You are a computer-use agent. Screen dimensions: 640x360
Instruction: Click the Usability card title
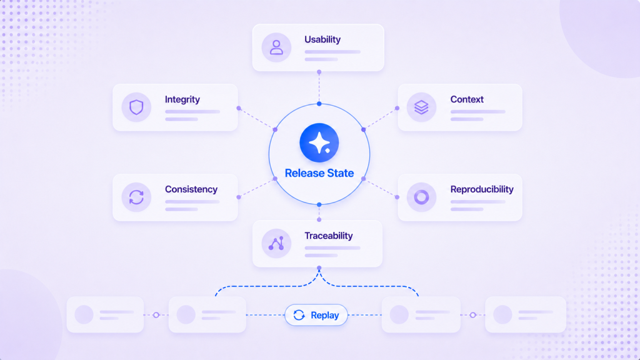click(322, 39)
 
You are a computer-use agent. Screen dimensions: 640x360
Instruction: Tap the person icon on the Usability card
click(276, 47)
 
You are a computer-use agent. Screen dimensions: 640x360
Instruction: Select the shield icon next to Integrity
click(136, 107)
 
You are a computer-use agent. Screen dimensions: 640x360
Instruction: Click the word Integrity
click(182, 99)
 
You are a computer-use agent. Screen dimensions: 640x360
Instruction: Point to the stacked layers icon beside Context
click(421, 107)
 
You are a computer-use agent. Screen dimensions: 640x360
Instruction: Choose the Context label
click(467, 99)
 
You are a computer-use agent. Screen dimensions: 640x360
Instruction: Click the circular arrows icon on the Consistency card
click(136, 197)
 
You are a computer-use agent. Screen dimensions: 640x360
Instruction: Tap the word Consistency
click(191, 189)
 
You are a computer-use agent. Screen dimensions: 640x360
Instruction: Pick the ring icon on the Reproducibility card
click(421, 197)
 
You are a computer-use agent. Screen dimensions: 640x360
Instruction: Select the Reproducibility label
click(482, 189)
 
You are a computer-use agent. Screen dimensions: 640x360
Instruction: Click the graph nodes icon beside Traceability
click(276, 244)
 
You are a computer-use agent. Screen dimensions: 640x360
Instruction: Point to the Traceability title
click(329, 236)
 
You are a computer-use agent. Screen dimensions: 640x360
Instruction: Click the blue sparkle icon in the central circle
click(319, 143)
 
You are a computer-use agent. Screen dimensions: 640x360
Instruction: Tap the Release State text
click(319, 173)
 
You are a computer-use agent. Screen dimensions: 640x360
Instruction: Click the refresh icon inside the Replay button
click(299, 315)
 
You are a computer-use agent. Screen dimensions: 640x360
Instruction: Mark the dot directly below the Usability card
click(319, 72)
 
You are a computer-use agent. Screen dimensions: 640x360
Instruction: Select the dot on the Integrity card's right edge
click(239, 108)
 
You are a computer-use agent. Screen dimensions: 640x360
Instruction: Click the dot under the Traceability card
click(319, 268)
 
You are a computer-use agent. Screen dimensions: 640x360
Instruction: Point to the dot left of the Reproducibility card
click(397, 197)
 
